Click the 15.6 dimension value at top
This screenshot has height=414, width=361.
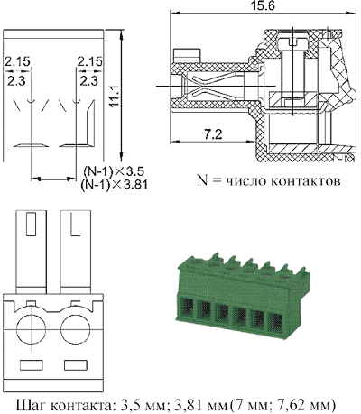point(263,5)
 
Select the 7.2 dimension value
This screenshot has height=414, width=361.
point(213,134)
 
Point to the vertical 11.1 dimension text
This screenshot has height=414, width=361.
point(114,95)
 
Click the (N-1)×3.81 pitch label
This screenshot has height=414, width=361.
point(115,184)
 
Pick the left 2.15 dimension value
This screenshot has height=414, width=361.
point(17,61)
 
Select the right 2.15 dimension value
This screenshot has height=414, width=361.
point(89,61)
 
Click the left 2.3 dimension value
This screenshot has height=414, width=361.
point(17,81)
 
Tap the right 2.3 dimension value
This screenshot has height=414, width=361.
point(89,81)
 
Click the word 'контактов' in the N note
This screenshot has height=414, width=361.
point(306,181)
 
